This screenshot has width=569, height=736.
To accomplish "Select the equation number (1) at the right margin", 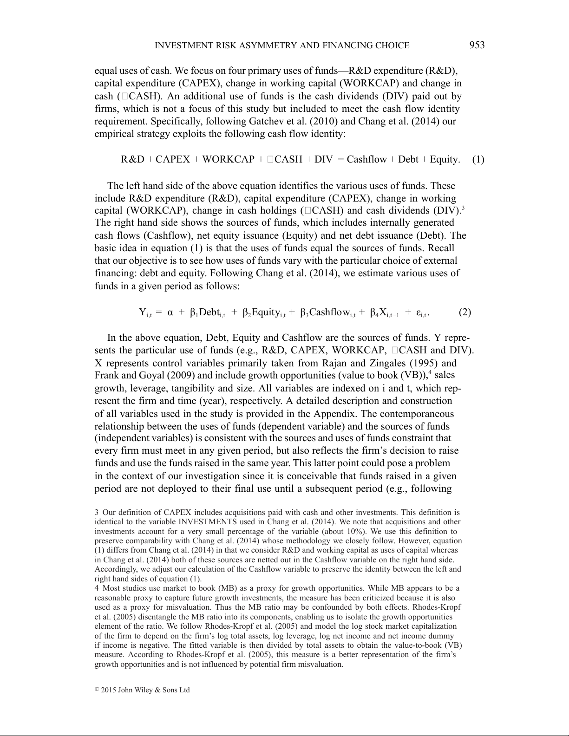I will (478, 160).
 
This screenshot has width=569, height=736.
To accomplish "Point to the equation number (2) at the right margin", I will (465, 312).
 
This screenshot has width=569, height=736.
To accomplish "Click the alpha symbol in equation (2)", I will (170, 313).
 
